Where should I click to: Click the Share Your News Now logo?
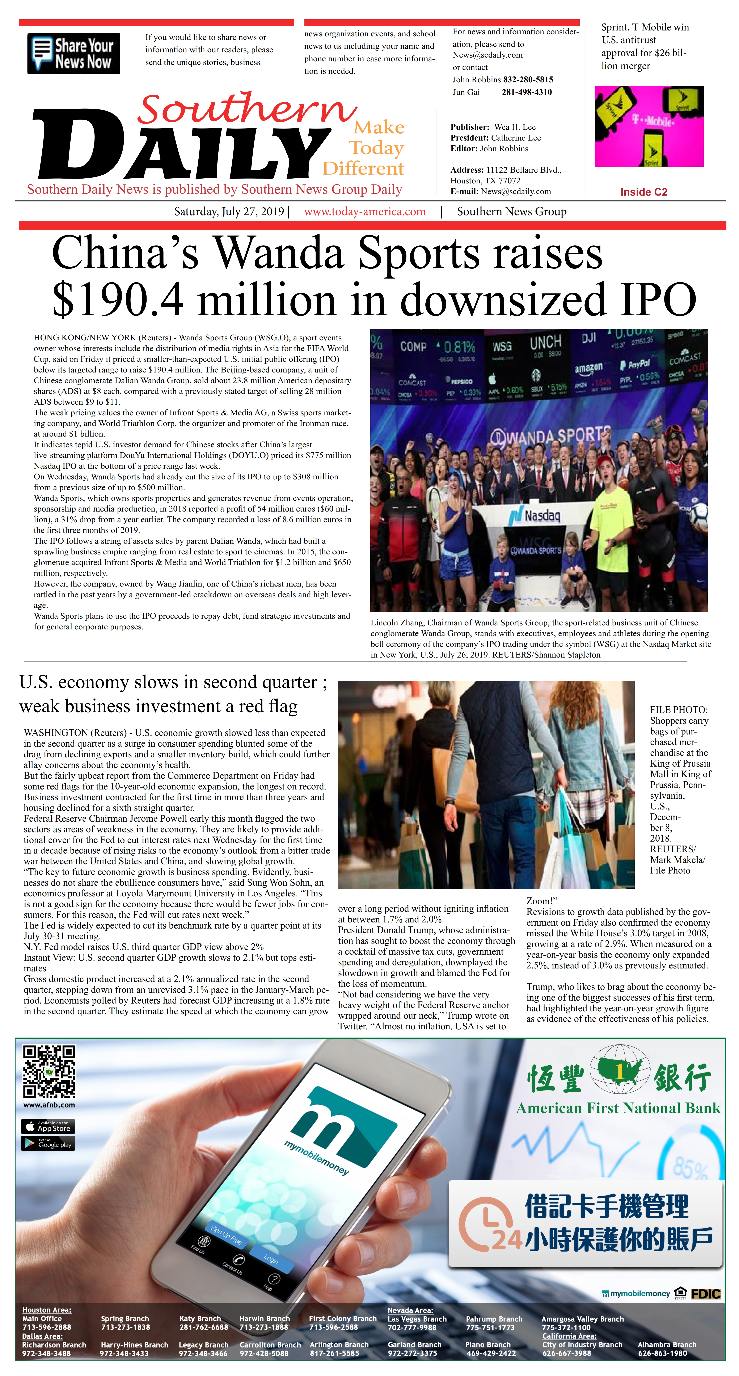click(x=73, y=53)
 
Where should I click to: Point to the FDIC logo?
click(x=705, y=1294)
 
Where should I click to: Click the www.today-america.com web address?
click(x=365, y=212)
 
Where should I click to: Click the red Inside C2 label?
click(x=643, y=192)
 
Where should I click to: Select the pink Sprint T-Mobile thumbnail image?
click(x=649, y=127)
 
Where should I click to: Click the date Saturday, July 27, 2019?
click(x=229, y=212)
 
